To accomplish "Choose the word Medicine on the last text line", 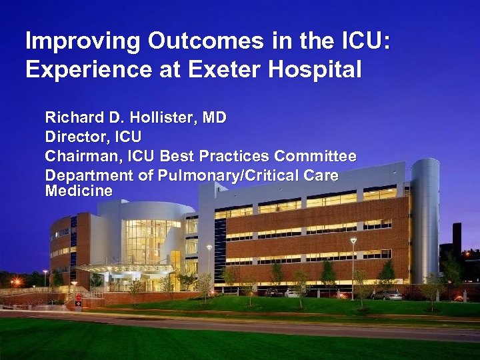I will click(78, 191).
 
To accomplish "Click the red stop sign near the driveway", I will click(79, 299).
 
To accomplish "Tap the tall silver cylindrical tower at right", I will click(425, 220).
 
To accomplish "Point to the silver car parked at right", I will click(387, 294).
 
